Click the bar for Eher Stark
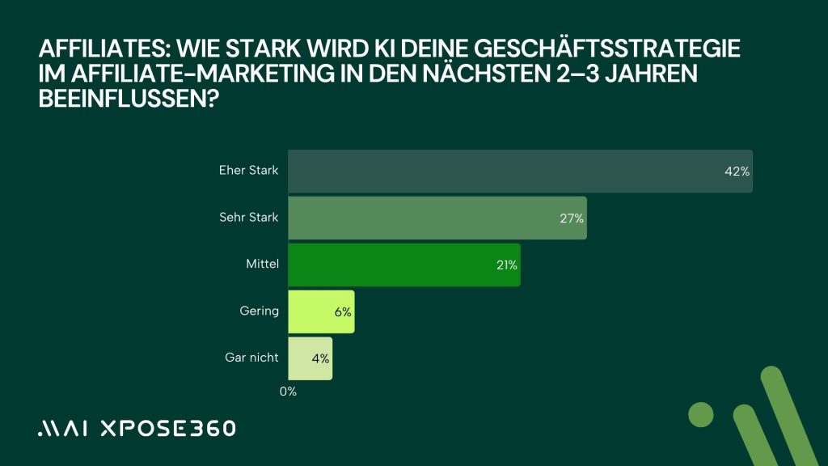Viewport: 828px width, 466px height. [x=517, y=172]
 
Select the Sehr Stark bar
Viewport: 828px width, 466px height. [x=437, y=218]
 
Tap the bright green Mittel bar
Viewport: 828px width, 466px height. [x=404, y=265]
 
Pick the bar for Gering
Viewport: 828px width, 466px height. [x=321, y=311]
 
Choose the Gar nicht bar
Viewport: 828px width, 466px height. [x=310, y=358]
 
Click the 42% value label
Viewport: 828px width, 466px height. [x=737, y=172]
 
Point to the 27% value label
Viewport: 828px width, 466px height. [x=572, y=218]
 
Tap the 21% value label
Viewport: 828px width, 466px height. [x=507, y=265]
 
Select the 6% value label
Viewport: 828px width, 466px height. [x=343, y=311]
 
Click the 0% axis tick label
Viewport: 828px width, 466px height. [x=289, y=392]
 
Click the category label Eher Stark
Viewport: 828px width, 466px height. [x=248, y=171]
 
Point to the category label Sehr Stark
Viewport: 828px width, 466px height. [x=249, y=217]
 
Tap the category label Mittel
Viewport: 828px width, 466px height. [x=262, y=264]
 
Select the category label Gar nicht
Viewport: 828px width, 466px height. [x=251, y=357]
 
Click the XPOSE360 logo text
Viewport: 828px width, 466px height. [x=168, y=428]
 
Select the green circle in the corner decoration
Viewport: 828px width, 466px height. [x=701, y=414]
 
